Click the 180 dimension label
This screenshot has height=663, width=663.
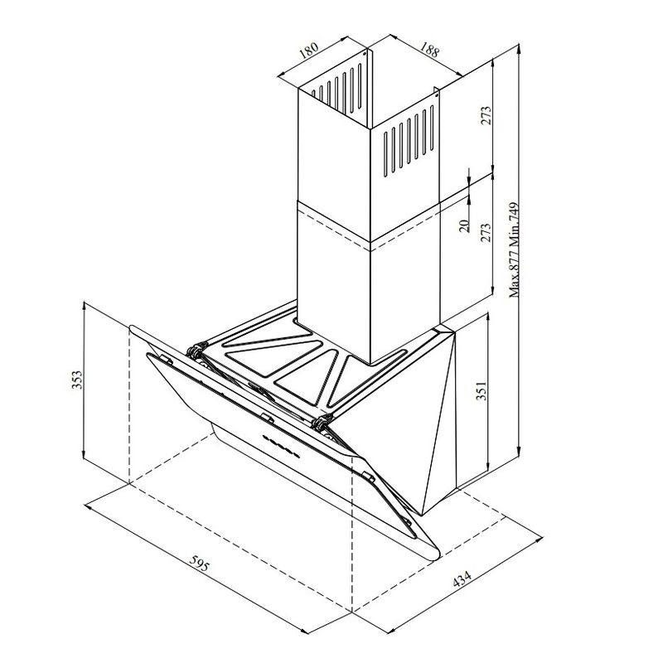point(308,51)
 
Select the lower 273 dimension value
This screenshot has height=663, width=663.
point(486,235)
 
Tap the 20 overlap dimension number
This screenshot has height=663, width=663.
point(465,224)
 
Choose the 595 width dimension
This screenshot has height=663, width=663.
point(197,567)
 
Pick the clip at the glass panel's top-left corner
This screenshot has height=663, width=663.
point(166,359)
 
